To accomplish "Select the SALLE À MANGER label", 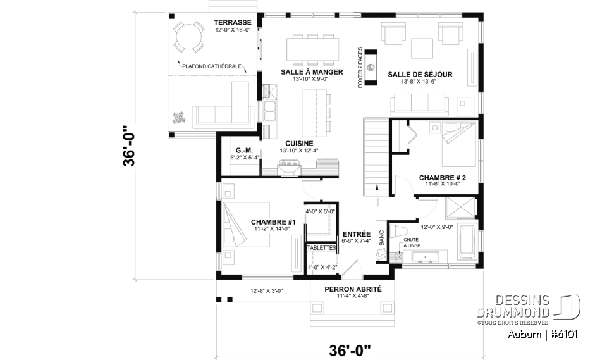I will (312, 72).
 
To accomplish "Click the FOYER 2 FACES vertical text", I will (360, 66).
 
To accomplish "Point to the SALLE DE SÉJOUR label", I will (420, 75).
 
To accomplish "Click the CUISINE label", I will (296, 143).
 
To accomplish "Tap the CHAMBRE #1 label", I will (274, 221).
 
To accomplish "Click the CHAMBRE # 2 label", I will (442, 178).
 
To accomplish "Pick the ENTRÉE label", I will (356, 233).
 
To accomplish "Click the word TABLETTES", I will (321, 247).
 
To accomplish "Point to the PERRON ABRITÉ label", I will (353, 289).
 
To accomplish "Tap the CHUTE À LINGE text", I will (412, 242).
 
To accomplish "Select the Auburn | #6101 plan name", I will (543, 334).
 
